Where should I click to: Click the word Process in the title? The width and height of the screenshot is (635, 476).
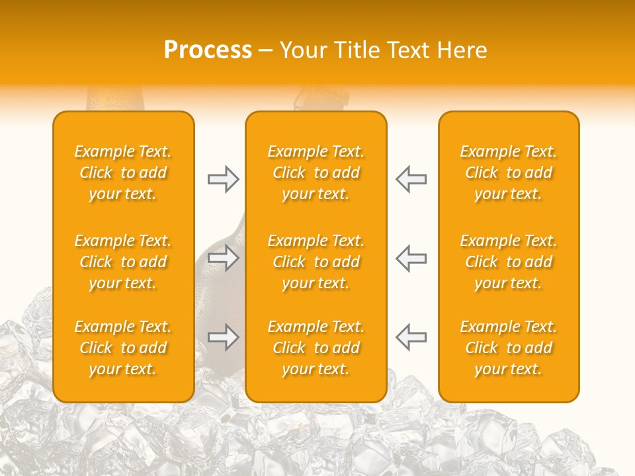208,50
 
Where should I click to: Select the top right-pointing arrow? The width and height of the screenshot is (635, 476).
224,179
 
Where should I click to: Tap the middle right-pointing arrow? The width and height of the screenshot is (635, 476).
224,258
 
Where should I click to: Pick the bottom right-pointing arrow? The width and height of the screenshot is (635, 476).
224,337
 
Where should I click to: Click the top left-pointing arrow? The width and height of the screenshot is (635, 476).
411,179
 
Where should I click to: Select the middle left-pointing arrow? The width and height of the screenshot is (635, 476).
411,258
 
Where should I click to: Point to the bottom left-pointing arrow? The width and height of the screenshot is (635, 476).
411,337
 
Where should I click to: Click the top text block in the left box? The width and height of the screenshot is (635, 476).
123,173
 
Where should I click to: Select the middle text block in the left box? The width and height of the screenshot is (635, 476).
123,262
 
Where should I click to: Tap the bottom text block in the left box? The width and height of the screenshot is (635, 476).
123,348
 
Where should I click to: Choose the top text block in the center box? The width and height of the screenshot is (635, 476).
316,173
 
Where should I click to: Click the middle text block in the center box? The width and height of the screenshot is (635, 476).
316,262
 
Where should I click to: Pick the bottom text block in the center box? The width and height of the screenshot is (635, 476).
316,348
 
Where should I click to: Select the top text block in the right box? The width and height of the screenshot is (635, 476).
509,173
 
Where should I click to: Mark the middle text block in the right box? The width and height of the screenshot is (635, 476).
509,262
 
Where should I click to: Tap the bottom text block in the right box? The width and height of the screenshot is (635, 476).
509,348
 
